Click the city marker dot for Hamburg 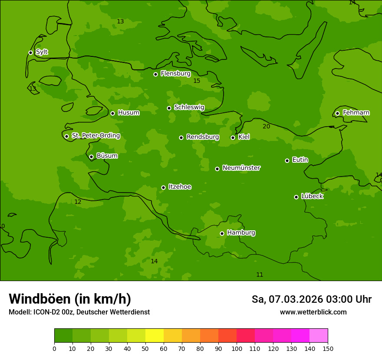click(222, 233)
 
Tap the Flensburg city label click(175, 74)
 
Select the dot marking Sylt click(30, 52)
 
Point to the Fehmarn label click(356, 113)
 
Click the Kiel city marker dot click(233, 137)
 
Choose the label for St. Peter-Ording click(95, 136)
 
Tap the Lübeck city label click(312, 196)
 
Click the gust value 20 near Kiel click(266, 126)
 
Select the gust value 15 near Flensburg click(197, 81)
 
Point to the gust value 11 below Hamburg click(260, 275)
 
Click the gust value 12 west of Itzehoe click(78, 202)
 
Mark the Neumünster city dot click(217, 169)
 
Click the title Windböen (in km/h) click(70, 299)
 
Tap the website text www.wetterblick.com click(313, 312)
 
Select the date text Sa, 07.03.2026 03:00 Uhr click(311, 299)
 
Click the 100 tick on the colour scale click(237, 348)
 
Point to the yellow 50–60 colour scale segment click(155, 335)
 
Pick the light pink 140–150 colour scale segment click(319, 335)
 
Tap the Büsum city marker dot click(91, 157)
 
